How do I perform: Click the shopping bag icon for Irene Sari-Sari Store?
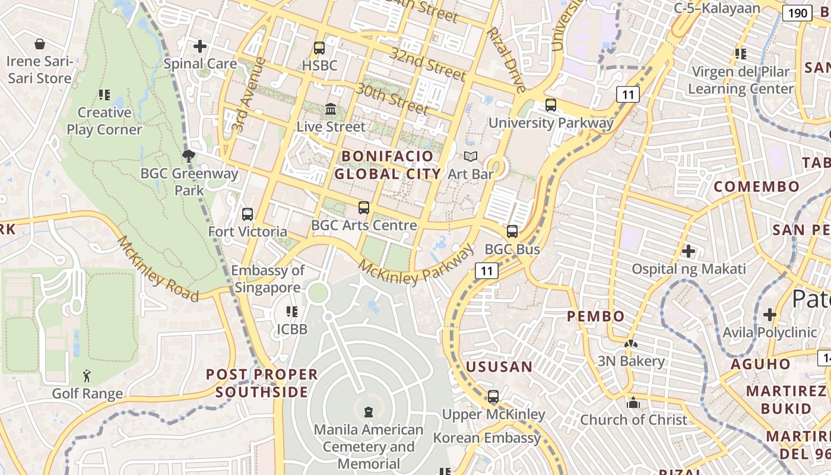click(x=40, y=44)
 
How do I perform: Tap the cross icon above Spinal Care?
click(x=200, y=46)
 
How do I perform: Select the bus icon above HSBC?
click(x=319, y=48)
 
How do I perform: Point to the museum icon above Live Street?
click(x=331, y=109)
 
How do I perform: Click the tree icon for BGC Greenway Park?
click(x=189, y=156)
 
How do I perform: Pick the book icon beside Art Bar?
click(x=471, y=157)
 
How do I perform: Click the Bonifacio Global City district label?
click(x=388, y=165)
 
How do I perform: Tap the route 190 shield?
click(x=797, y=13)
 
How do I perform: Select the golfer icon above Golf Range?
click(x=87, y=376)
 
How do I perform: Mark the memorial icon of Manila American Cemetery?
click(x=369, y=411)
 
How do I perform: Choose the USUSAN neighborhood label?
click(x=499, y=367)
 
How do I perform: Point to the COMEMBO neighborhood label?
click(x=756, y=186)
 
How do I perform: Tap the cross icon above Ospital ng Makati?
click(x=689, y=251)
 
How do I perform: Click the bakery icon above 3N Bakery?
click(x=630, y=344)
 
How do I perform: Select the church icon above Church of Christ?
click(x=633, y=403)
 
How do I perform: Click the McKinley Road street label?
click(x=157, y=268)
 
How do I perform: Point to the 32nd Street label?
click(x=427, y=64)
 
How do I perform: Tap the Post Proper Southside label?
click(x=262, y=383)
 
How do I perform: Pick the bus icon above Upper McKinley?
click(x=493, y=397)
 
